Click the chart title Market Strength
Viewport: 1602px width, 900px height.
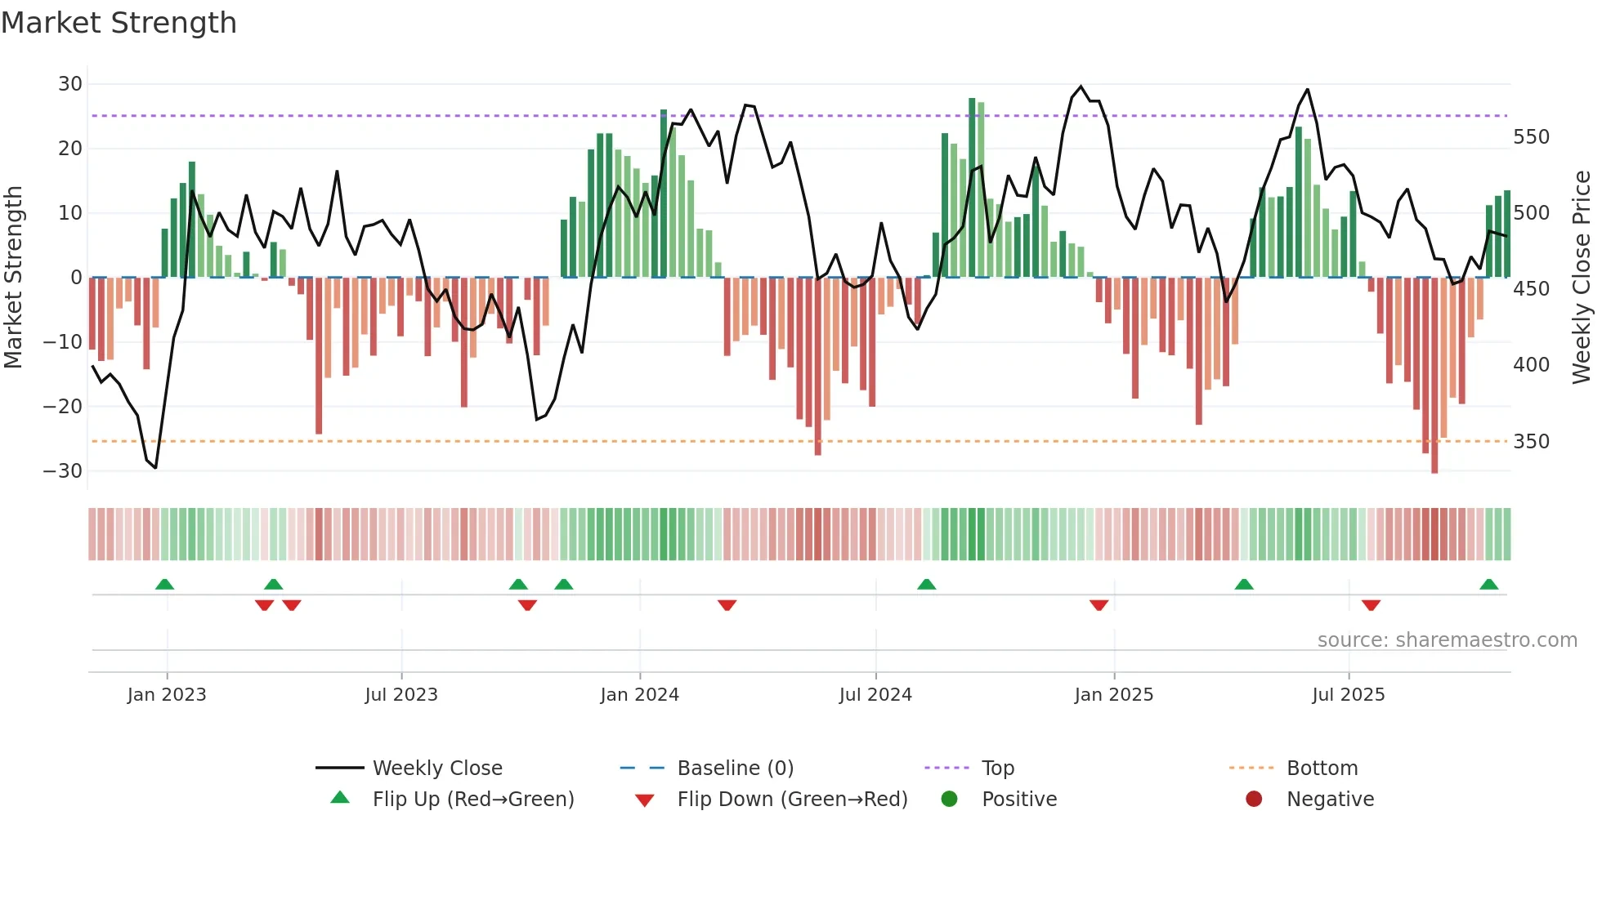[x=119, y=23]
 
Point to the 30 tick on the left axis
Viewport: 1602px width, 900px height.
[x=69, y=84]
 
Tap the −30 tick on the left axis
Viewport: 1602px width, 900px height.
[x=64, y=471]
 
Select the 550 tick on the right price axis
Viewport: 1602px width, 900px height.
[x=1531, y=137]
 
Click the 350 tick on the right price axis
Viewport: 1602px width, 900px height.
[x=1531, y=442]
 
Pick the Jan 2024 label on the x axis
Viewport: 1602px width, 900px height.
[x=639, y=695]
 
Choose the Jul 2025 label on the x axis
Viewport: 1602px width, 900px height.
[x=1348, y=695]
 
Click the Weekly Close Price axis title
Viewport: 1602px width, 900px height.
[x=1582, y=278]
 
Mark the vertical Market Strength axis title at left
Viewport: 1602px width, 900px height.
[x=13, y=278]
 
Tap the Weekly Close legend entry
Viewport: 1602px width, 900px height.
[x=436, y=769]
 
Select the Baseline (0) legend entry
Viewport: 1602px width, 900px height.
[x=735, y=769]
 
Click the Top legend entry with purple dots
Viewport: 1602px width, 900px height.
[x=997, y=769]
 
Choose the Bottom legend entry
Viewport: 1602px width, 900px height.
[x=1322, y=769]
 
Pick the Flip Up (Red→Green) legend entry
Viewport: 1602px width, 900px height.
[x=472, y=800]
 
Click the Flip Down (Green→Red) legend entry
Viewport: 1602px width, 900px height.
[x=791, y=800]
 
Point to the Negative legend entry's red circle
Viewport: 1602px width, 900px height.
[x=1254, y=799]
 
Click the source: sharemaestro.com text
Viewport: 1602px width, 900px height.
[x=1447, y=640]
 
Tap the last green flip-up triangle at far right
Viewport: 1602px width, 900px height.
[x=1488, y=585]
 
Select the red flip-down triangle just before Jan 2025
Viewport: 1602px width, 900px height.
[x=1099, y=605]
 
